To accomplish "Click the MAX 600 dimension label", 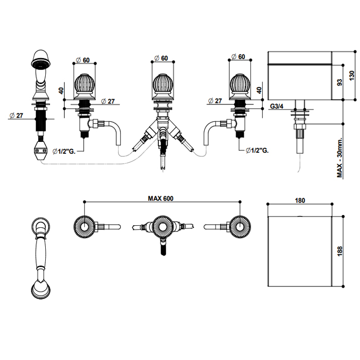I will [x=160, y=198].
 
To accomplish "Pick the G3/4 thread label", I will [x=278, y=106].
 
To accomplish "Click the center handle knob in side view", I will [x=163, y=85].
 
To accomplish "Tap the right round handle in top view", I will [x=239, y=225].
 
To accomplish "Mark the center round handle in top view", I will [x=162, y=226].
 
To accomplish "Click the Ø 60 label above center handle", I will [x=162, y=59].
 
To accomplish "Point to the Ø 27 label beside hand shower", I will [x=17, y=115].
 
